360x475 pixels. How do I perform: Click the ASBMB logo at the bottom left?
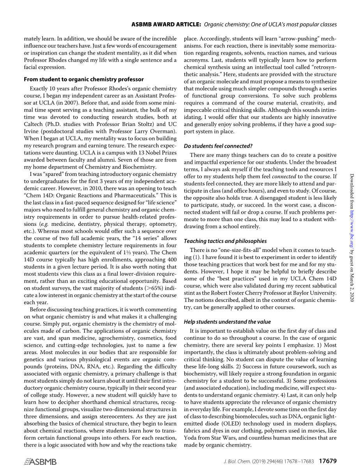[40, 462]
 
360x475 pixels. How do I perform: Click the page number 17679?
[327, 461]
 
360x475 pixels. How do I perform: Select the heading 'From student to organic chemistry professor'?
[84, 80]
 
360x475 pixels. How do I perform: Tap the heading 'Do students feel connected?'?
[218, 146]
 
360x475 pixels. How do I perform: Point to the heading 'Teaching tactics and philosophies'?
[225, 241]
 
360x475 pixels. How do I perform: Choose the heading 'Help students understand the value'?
[227, 322]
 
